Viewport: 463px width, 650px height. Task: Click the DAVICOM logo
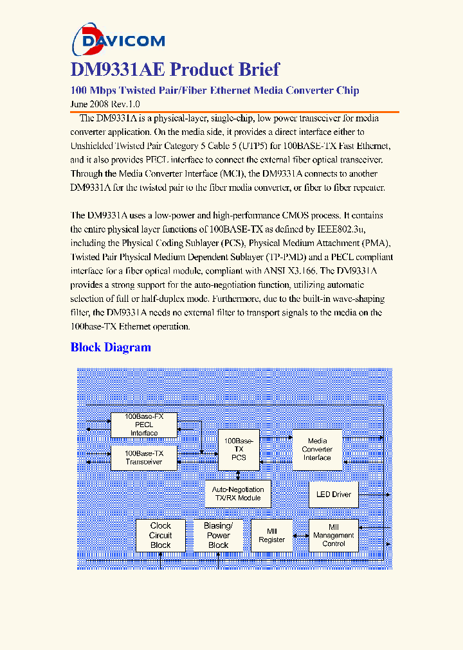click(x=118, y=41)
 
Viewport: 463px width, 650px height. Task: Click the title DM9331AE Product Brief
click(x=175, y=69)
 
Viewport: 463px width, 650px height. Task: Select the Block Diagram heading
click(x=111, y=347)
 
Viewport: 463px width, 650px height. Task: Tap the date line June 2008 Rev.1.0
click(x=105, y=103)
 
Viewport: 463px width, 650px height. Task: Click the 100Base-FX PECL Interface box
click(x=144, y=425)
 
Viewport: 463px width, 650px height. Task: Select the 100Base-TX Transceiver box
click(x=144, y=457)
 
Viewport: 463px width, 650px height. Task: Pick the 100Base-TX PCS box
click(x=239, y=449)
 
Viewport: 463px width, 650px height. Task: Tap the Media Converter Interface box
click(x=317, y=449)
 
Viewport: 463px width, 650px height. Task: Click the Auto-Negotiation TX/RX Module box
click(x=237, y=494)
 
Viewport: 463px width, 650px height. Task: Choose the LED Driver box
click(x=334, y=494)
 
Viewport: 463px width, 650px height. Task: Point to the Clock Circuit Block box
click(x=160, y=535)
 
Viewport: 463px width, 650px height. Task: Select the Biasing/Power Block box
click(x=218, y=535)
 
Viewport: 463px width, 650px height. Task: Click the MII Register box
click(x=271, y=535)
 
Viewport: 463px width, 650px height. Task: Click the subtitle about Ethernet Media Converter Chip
click(x=214, y=90)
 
